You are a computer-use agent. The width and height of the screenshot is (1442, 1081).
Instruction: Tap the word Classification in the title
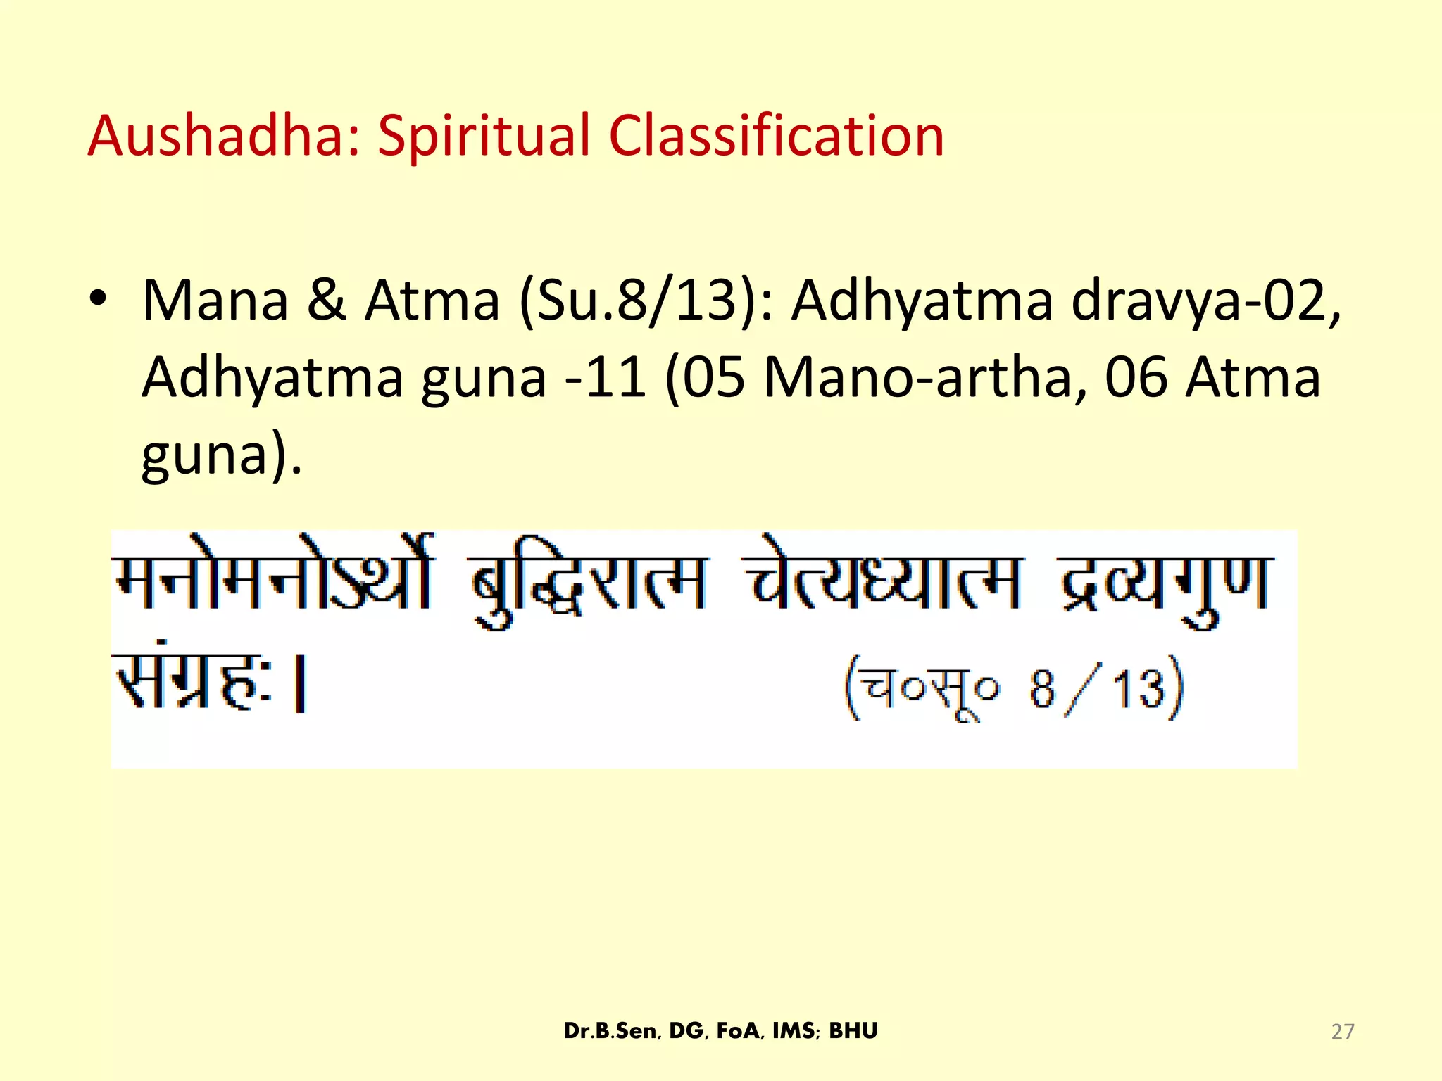point(776,135)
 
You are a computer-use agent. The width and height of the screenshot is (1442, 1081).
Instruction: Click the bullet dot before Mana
point(98,298)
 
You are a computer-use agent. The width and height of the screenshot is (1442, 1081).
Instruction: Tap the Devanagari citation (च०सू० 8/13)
point(1015,687)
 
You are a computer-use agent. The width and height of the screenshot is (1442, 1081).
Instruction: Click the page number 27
point(1342,1032)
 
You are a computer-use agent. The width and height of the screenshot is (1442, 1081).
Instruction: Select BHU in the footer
point(853,1031)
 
